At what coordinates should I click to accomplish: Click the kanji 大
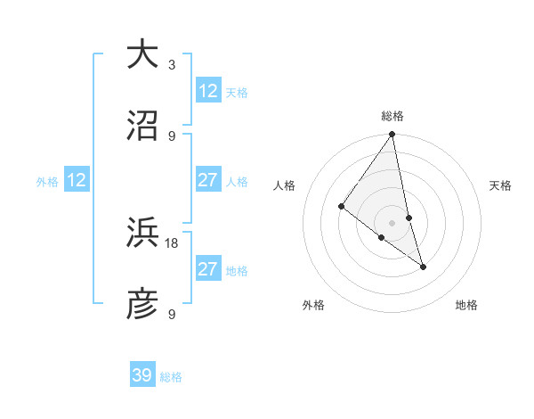click(x=142, y=54)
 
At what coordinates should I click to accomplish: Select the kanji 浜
click(x=142, y=234)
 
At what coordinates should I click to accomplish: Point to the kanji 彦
click(x=142, y=305)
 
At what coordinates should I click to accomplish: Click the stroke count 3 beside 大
click(x=172, y=65)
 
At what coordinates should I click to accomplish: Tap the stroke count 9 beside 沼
click(x=172, y=136)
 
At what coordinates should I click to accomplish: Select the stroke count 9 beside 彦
click(x=172, y=314)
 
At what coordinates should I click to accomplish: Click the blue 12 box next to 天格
click(x=208, y=91)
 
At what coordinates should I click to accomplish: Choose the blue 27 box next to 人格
click(x=208, y=180)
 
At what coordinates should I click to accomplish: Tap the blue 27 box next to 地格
click(x=208, y=269)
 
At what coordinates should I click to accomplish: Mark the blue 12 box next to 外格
click(x=77, y=180)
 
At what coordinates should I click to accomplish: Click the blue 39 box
click(x=142, y=375)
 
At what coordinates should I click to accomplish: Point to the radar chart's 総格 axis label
click(x=392, y=116)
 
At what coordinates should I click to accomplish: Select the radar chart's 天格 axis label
click(x=500, y=185)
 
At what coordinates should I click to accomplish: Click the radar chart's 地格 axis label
click(x=466, y=305)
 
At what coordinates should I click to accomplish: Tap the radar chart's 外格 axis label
click(x=313, y=305)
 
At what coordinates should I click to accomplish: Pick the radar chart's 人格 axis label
click(x=285, y=185)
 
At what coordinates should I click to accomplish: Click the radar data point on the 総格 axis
click(x=392, y=136)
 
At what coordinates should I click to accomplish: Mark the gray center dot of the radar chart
click(x=392, y=222)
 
